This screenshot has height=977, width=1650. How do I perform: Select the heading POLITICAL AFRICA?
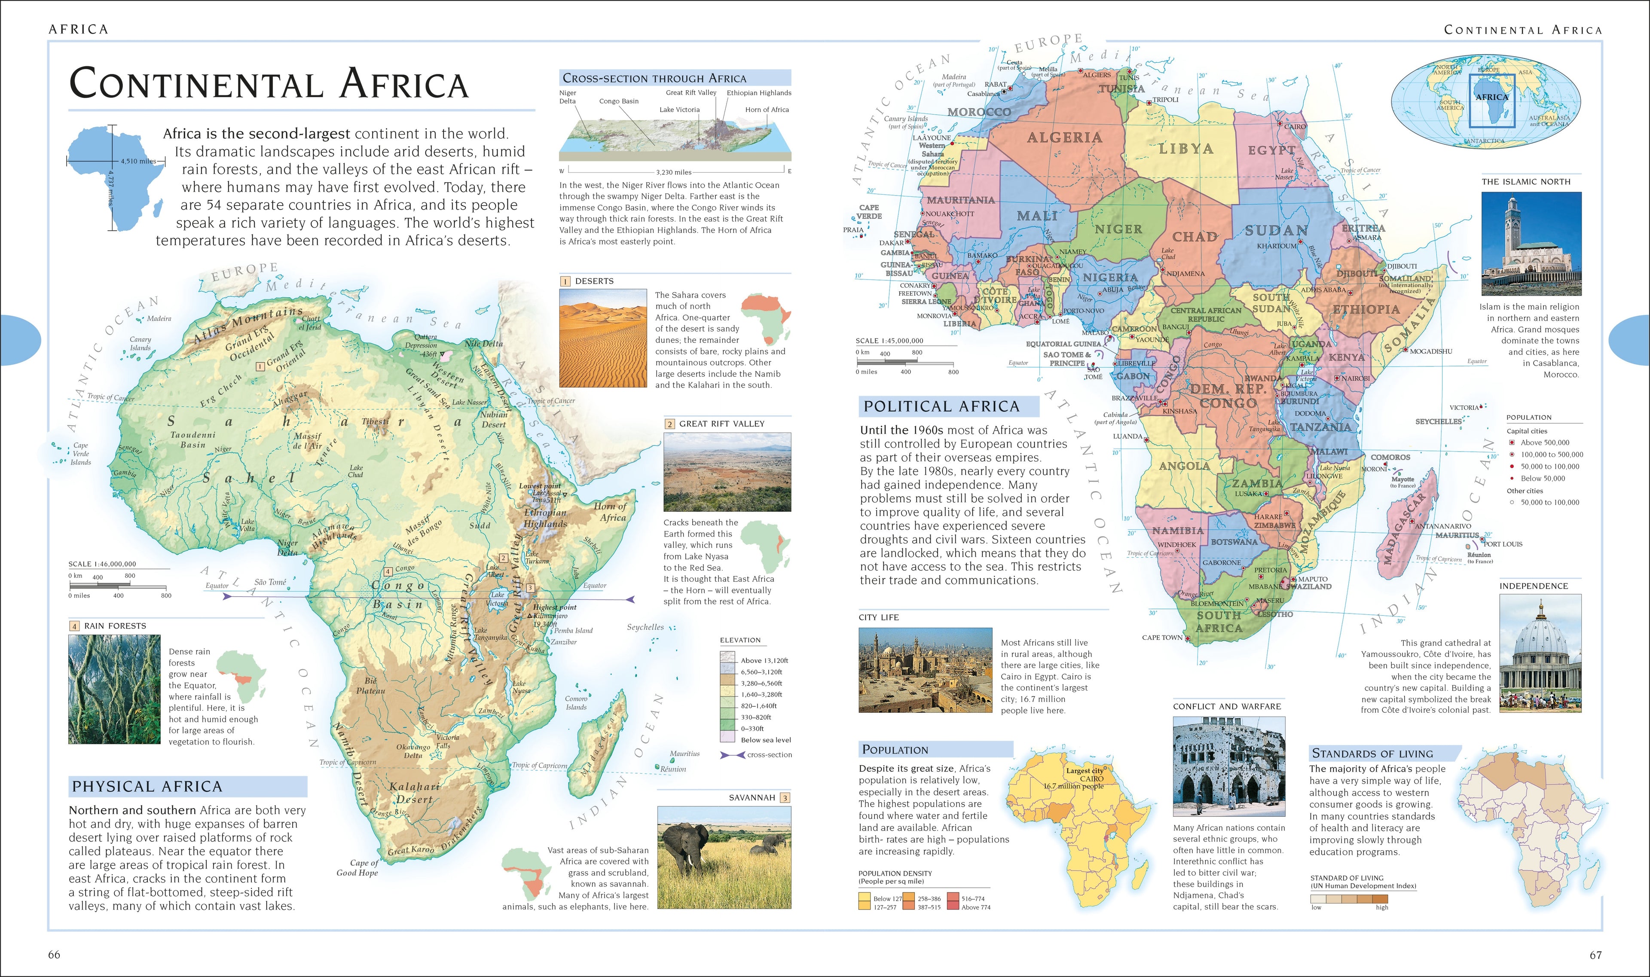point(941,406)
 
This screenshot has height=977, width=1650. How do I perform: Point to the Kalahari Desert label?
point(414,793)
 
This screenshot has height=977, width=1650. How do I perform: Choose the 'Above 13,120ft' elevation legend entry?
point(764,660)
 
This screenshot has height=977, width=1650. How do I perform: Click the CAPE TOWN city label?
point(1162,637)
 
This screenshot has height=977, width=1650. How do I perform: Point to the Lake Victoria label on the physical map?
point(497,599)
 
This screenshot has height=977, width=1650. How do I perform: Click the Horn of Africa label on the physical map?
point(611,512)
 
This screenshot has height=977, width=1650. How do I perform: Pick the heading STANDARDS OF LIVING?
point(1372,753)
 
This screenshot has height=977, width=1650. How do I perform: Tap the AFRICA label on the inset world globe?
point(1491,97)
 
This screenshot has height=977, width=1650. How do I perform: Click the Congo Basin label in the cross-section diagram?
point(618,101)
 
